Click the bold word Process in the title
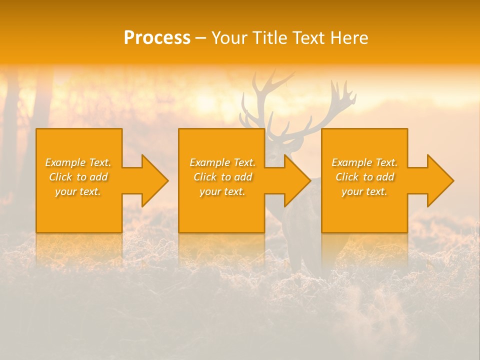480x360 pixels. pos(157,38)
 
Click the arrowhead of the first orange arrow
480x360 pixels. pos(155,180)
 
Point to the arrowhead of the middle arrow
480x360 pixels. pos(297,180)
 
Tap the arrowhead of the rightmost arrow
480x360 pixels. pos(440,180)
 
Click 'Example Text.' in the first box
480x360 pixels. pos(78,162)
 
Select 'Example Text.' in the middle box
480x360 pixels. pos(222,162)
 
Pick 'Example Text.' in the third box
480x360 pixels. pos(364,162)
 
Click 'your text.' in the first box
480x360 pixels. pos(78,191)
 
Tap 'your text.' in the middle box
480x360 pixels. pos(222,191)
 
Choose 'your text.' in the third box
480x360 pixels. pos(364,191)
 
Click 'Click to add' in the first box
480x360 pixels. pos(78,177)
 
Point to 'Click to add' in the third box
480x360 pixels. pos(364,177)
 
